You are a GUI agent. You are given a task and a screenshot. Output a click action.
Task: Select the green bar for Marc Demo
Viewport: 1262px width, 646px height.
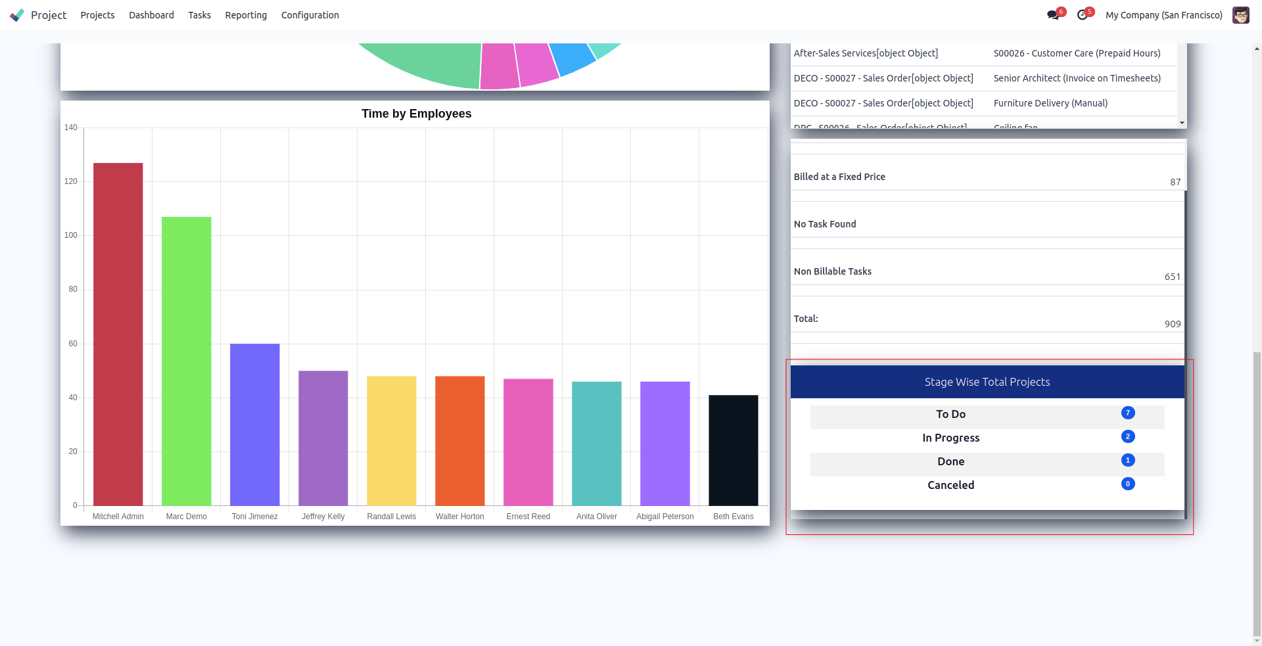(x=187, y=361)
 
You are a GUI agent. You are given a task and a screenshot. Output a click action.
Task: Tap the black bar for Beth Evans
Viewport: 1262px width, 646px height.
(x=734, y=450)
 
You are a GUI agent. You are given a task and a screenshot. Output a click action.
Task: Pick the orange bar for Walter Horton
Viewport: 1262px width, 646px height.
(x=460, y=440)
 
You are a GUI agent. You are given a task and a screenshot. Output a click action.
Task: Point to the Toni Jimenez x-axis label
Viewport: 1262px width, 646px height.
(x=255, y=517)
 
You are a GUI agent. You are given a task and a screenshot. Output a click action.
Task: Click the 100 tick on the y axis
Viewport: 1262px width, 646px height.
(x=71, y=235)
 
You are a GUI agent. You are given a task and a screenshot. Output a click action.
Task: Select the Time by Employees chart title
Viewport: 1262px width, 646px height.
(x=416, y=114)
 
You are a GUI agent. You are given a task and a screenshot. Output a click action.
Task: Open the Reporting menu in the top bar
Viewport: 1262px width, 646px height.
(x=246, y=15)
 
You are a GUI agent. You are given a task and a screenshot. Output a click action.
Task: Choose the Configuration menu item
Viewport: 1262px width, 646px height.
(x=310, y=15)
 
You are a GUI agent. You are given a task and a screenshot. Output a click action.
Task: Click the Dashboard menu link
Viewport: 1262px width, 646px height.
(x=151, y=15)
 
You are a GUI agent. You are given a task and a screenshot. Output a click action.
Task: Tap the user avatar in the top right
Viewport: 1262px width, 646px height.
(x=1241, y=15)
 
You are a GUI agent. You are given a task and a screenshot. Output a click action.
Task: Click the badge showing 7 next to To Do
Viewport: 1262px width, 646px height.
(x=1128, y=413)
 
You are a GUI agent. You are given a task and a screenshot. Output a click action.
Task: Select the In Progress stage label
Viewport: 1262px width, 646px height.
(x=950, y=438)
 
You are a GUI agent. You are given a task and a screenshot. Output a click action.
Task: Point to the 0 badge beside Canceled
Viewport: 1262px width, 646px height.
(x=1128, y=484)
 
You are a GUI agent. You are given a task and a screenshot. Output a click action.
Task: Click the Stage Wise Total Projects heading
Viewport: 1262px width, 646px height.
(x=987, y=382)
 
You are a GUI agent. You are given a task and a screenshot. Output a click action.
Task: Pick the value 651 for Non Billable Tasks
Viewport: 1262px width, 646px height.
(x=1172, y=277)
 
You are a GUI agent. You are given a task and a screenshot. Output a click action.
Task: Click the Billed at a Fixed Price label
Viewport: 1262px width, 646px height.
(x=839, y=177)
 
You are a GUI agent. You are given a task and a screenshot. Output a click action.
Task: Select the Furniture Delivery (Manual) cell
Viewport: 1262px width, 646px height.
(x=1050, y=103)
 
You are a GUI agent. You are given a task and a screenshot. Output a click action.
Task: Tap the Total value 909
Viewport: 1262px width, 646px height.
(x=1172, y=324)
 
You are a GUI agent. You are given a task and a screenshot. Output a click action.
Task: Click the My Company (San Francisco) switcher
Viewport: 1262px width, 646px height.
(x=1164, y=15)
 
